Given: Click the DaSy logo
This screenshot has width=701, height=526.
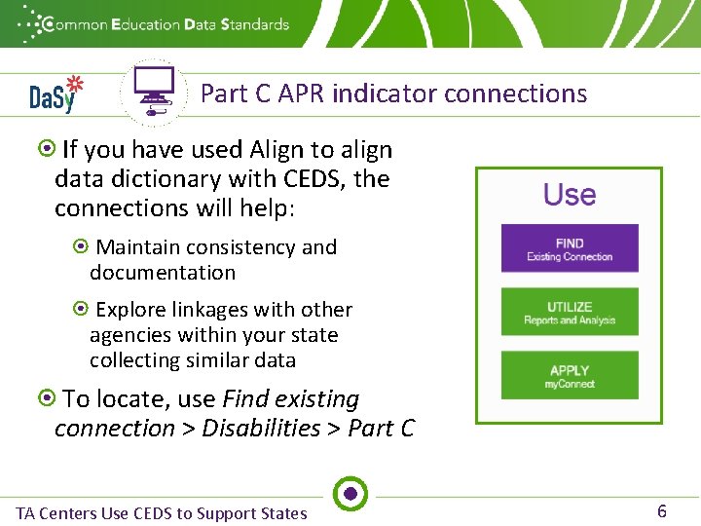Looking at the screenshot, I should (55, 94).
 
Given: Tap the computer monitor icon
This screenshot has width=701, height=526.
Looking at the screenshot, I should (154, 90).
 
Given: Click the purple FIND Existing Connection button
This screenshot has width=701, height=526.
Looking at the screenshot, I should (570, 249).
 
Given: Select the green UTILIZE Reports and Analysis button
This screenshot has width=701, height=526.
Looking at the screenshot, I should (570, 313).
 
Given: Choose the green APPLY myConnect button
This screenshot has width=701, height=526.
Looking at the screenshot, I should (570, 376).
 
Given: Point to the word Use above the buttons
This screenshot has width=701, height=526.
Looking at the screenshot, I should (570, 195).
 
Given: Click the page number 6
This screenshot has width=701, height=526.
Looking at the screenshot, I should (662, 511).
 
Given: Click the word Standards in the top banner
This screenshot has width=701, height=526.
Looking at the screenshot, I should (255, 23).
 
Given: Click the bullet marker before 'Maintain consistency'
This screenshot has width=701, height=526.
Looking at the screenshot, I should (82, 247).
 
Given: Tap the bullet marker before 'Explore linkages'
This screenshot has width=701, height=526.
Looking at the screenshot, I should (82, 310).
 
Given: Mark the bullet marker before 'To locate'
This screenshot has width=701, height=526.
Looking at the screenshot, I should (46, 398).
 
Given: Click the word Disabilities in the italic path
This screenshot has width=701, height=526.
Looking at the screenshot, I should (261, 429).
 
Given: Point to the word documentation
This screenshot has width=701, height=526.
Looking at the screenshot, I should (163, 273).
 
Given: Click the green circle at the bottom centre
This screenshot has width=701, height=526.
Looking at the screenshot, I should (350, 494).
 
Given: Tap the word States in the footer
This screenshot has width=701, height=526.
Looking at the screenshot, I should (279, 513).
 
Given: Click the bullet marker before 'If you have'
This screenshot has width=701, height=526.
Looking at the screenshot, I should (46, 150).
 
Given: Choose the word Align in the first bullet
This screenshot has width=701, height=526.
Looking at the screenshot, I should (276, 150).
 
